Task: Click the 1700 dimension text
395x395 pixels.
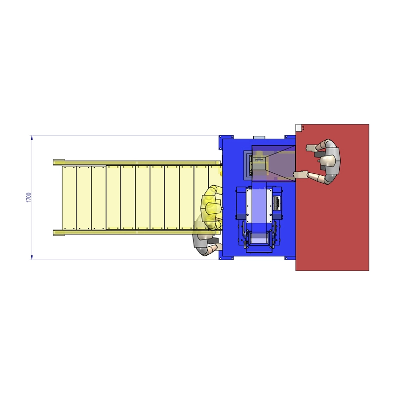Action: (29, 197)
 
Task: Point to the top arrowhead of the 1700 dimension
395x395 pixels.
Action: (32, 138)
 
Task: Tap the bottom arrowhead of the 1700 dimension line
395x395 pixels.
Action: (32, 257)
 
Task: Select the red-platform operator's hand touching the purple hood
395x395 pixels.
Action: (300, 175)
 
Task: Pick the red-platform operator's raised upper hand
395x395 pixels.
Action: (311, 148)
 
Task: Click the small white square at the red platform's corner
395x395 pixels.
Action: (299, 128)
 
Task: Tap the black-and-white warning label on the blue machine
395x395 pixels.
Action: (277, 203)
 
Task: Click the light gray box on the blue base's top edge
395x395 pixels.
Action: (259, 138)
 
